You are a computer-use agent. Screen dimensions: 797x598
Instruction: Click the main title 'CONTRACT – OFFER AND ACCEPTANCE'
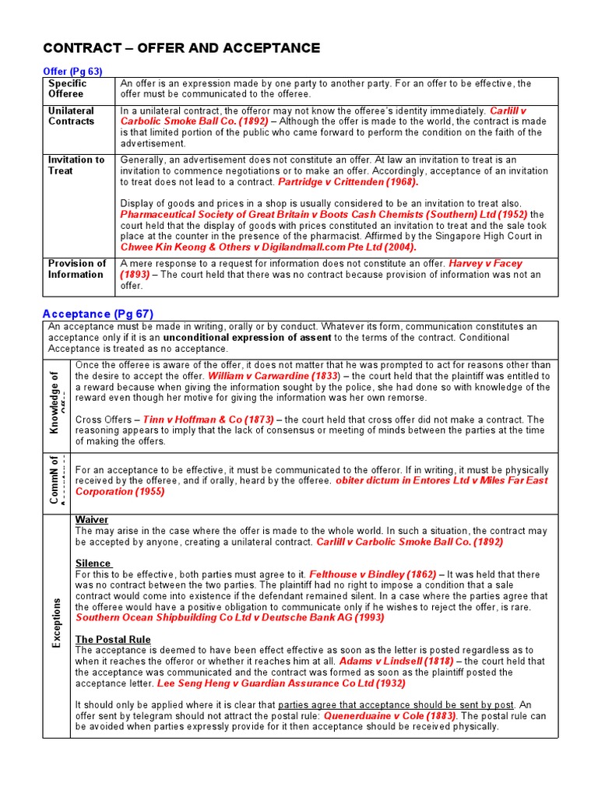pyautogui.click(x=181, y=48)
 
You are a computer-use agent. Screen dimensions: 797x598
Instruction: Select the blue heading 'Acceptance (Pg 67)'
pyautogui.click(x=97, y=314)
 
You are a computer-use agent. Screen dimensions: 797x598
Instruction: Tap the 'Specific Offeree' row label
pyautogui.click(x=68, y=89)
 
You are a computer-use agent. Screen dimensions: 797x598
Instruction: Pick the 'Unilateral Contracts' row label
pyautogui.click(x=71, y=116)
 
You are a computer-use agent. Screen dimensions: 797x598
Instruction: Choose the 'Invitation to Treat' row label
pyautogui.click(x=76, y=165)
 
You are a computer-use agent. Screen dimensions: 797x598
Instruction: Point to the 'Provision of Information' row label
pyautogui.click(x=76, y=269)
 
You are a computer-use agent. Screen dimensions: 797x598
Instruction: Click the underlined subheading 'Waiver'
pyautogui.click(x=92, y=520)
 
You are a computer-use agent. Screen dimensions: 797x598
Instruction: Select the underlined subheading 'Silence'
pyautogui.click(x=93, y=564)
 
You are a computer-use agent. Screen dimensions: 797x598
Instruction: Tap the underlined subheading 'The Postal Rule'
pyautogui.click(x=113, y=640)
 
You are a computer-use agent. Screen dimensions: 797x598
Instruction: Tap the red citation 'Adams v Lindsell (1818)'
pyautogui.click(x=393, y=662)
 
